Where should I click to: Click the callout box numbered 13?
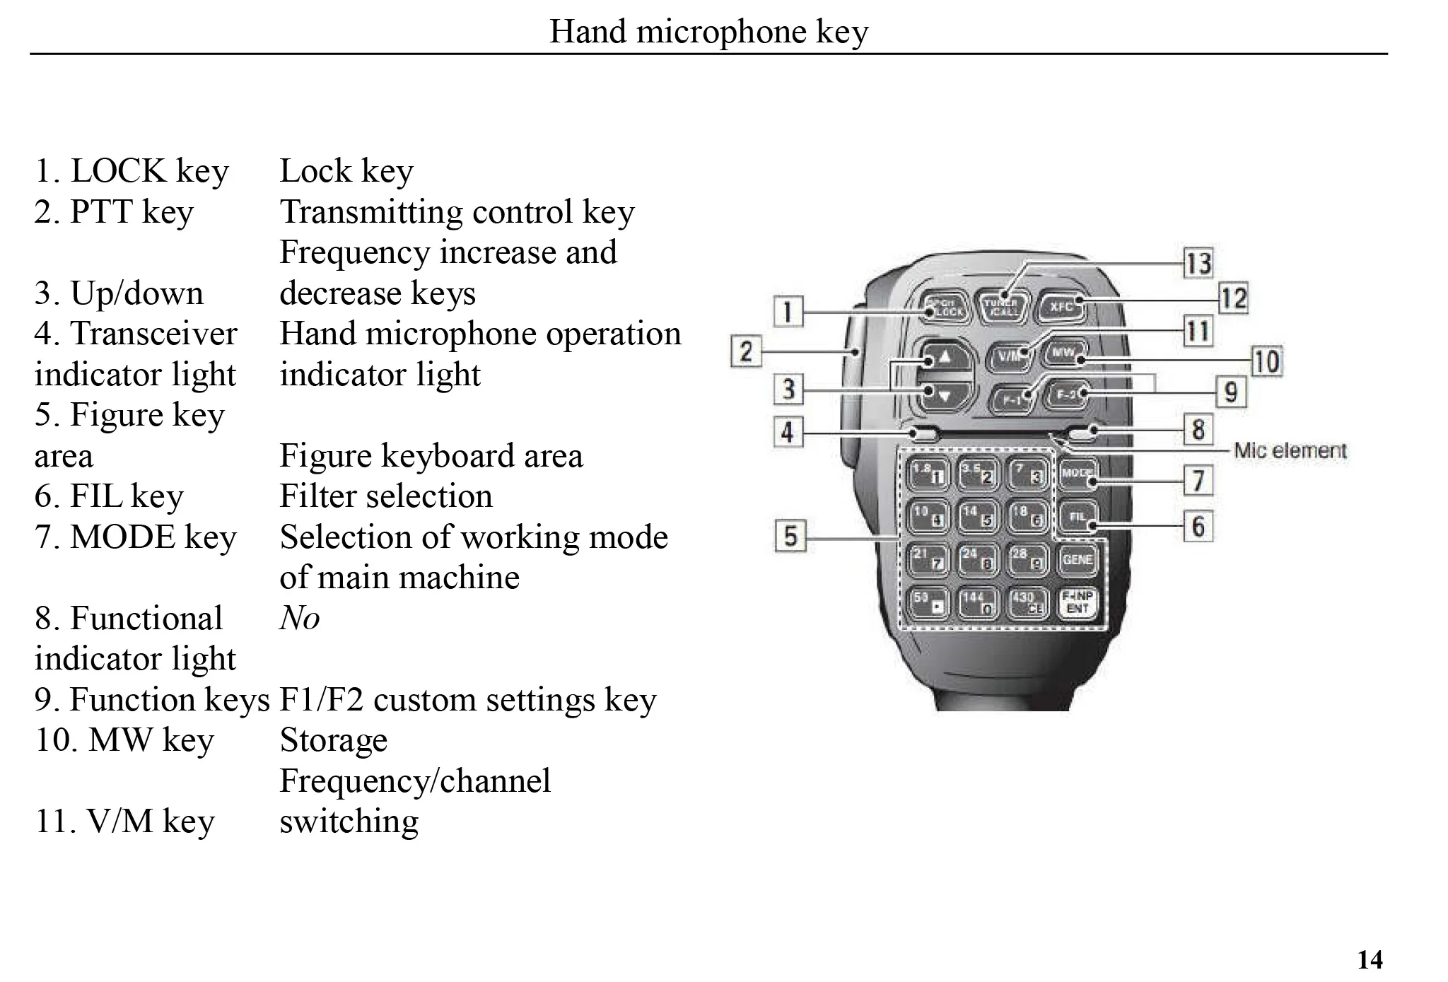point(1198,263)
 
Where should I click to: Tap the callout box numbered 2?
point(746,351)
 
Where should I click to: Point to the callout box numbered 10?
point(1266,361)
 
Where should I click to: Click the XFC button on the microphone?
point(1061,306)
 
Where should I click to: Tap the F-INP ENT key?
point(1078,602)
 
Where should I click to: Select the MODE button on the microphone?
point(1077,474)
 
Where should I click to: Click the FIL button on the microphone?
point(1077,517)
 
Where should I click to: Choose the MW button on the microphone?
point(1063,352)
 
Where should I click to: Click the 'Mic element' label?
point(1290,450)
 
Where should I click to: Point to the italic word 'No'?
point(299,618)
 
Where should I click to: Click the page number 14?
point(1370,959)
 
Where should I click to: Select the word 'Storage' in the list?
point(333,740)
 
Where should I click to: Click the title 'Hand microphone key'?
point(708,32)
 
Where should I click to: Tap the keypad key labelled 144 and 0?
point(978,602)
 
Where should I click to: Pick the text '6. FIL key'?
point(109,496)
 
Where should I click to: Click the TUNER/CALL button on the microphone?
point(1001,306)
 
